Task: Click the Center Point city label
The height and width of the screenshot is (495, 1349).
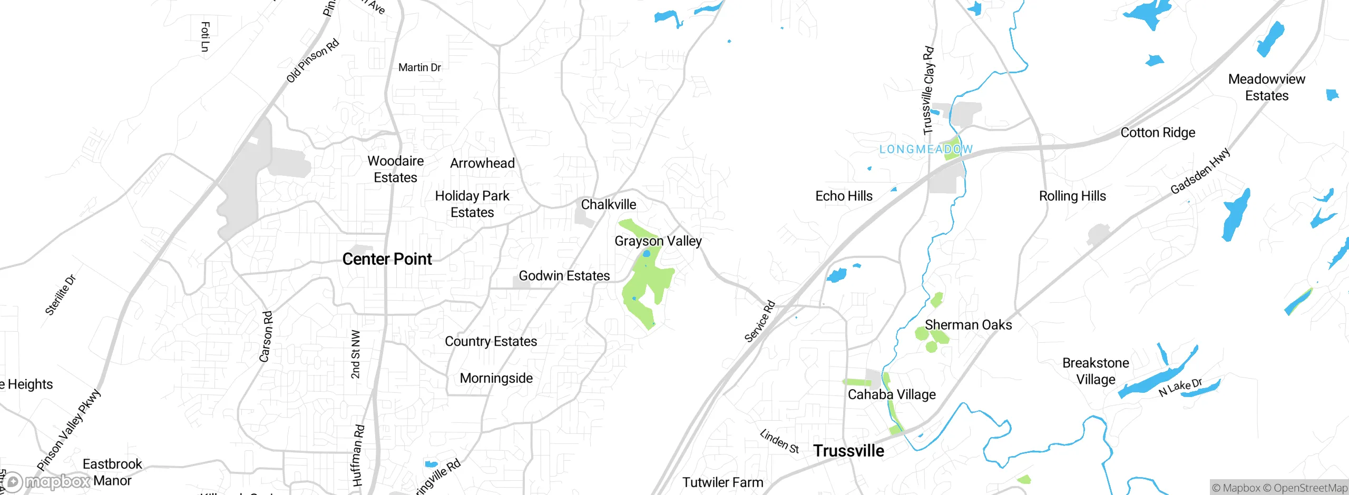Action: pos(387,259)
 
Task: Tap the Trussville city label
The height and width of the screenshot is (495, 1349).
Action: pos(848,451)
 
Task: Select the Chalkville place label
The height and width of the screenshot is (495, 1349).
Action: pos(608,204)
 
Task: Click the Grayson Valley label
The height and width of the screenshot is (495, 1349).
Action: pos(658,241)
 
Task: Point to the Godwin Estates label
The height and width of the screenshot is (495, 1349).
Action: pos(564,275)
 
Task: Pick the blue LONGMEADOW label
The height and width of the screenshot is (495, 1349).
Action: pos(925,150)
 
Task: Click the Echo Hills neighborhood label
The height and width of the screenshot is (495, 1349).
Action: pos(844,196)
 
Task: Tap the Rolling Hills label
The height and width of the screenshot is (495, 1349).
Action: pos(1072,196)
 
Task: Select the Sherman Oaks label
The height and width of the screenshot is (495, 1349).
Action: pos(968,325)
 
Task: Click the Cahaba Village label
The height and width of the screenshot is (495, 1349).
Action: pos(892,394)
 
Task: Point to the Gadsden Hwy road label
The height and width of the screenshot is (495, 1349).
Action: pos(1200,171)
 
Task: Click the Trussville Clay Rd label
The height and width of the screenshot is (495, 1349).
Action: pos(928,91)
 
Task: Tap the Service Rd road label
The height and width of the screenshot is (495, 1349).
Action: pos(759,321)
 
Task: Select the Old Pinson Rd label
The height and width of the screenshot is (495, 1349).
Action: pos(312,61)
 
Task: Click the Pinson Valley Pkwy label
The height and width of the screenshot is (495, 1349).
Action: pos(69,430)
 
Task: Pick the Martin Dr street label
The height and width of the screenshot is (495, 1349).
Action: pos(419,67)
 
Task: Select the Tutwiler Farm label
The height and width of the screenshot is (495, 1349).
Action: pos(722,482)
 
